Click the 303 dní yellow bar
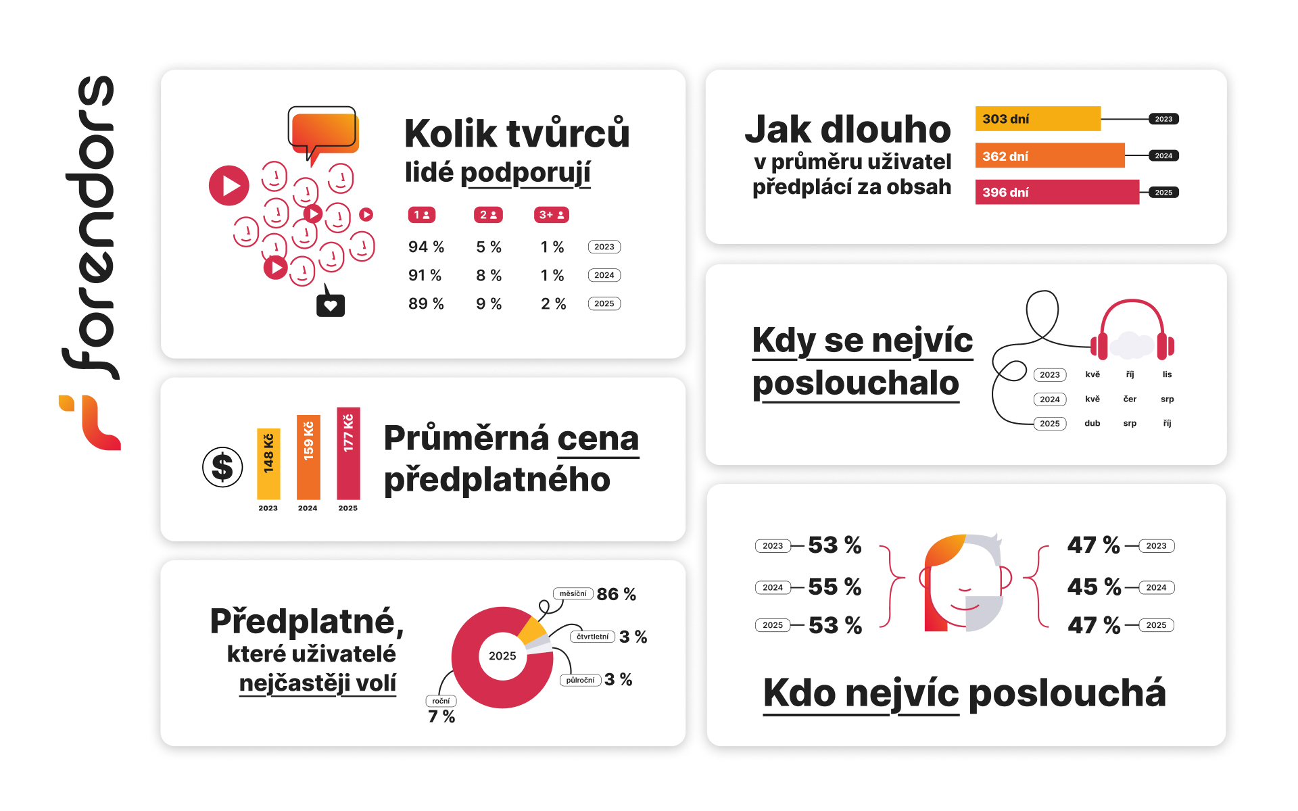click(1037, 119)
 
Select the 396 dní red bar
click(1056, 192)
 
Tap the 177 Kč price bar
click(348, 453)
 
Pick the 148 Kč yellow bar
click(268, 464)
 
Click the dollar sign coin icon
click(222, 467)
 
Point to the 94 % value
click(426, 247)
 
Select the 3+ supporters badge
click(552, 215)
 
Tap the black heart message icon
click(331, 305)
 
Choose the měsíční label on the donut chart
click(573, 594)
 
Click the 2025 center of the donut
click(502, 656)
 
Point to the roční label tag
click(441, 702)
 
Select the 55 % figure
click(835, 587)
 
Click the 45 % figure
click(1094, 587)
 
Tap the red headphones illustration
click(1132, 331)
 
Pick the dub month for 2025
click(1092, 424)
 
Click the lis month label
click(1167, 374)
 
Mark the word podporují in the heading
click(525, 173)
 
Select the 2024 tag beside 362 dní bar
click(1163, 156)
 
